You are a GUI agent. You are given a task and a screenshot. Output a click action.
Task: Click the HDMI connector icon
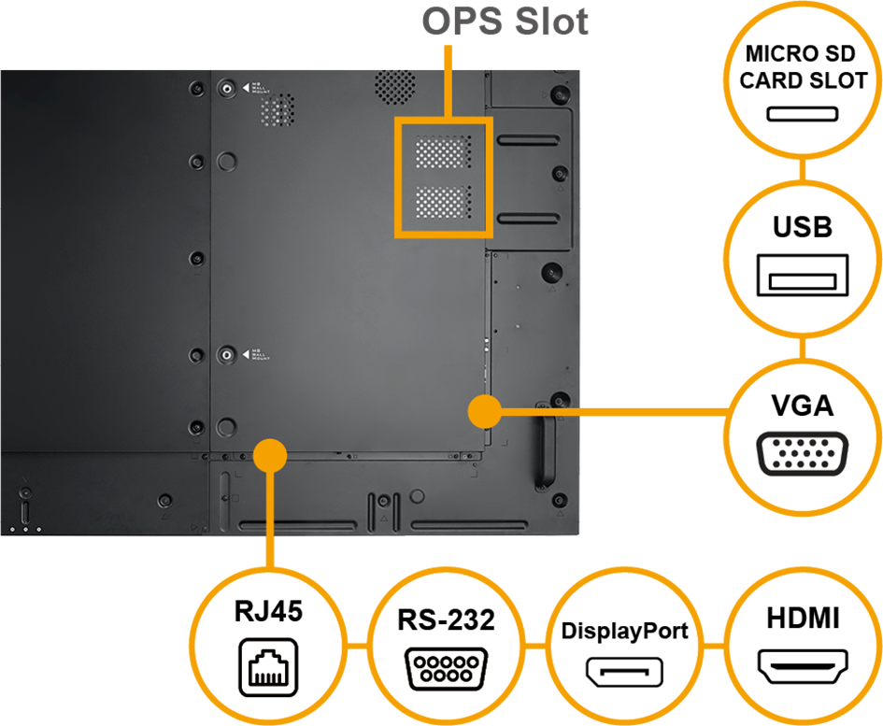pyautogui.click(x=803, y=669)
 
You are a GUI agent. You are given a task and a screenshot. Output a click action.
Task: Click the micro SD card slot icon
pyautogui.click(x=803, y=114)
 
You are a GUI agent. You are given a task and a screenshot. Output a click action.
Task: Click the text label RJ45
pyautogui.click(x=268, y=612)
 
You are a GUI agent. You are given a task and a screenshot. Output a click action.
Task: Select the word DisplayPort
pyautogui.click(x=624, y=631)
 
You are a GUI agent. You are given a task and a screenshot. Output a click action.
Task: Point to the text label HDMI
pyautogui.click(x=803, y=619)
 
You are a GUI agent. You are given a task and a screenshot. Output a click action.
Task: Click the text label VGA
pyautogui.click(x=803, y=406)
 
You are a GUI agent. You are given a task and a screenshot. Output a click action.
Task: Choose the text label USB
pyautogui.click(x=803, y=227)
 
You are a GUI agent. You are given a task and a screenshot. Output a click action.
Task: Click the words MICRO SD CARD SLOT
pyautogui.click(x=803, y=66)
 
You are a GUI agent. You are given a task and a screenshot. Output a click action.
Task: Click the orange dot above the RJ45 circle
pyautogui.click(x=271, y=455)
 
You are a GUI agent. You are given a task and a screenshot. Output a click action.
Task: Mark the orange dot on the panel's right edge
pyautogui.click(x=482, y=408)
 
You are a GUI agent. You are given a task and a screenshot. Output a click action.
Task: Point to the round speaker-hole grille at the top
pyautogui.click(x=394, y=83)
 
